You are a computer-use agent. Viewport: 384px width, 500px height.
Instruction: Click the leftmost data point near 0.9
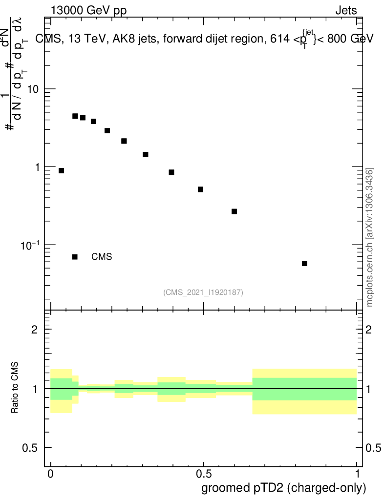[61, 170]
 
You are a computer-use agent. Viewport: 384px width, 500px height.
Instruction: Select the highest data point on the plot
[75, 116]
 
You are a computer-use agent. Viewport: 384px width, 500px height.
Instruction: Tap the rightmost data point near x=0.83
[304, 263]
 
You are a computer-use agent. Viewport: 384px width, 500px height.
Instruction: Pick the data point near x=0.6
[234, 211]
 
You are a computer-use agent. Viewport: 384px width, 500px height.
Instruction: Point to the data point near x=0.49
[200, 189]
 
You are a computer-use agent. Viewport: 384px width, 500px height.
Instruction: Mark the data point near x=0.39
[171, 172]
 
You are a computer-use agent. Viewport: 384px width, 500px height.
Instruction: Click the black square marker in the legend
[75, 257]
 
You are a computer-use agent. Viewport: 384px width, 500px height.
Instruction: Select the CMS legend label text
[102, 257]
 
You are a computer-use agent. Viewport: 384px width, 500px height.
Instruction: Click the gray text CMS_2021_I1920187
[203, 292]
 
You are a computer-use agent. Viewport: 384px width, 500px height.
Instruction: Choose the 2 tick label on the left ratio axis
[35, 330]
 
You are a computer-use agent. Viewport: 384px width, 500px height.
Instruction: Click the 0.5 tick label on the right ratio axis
[375, 448]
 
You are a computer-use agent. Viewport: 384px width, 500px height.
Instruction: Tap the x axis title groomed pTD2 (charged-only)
[283, 488]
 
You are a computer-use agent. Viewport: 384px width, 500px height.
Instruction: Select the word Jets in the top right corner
[346, 11]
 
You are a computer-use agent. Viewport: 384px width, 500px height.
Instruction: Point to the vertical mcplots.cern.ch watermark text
[370, 237]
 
